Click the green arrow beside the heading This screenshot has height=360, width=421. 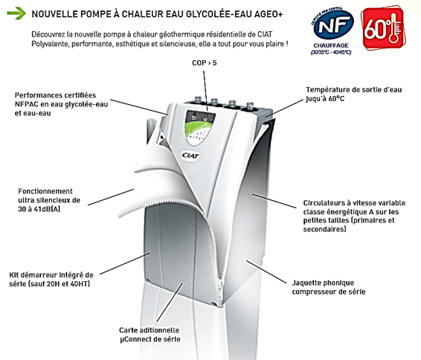pyautogui.click(x=16, y=13)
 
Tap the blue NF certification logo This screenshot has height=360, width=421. pyautogui.click(x=333, y=25)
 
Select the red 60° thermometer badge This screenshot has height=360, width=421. pyautogui.click(x=382, y=29)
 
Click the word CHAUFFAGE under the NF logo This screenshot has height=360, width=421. pyautogui.click(x=331, y=45)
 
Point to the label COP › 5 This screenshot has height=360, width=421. pyautogui.click(x=205, y=62)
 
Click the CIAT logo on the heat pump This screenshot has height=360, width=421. pyautogui.click(x=190, y=155)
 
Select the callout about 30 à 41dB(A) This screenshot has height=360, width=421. pyautogui.click(x=49, y=200)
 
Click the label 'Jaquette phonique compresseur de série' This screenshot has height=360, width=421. pyautogui.click(x=329, y=287)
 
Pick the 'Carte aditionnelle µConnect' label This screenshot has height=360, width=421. pyautogui.click(x=150, y=335)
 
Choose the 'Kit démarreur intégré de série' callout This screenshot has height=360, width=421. pyautogui.click(x=51, y=279)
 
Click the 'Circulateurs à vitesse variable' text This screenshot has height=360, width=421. pyautogui.click(x=354, y=216)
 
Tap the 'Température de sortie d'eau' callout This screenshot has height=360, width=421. pyautogui.click(x=353, y=94)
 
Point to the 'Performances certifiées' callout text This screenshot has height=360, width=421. pyautogui.click(x=61, y=104)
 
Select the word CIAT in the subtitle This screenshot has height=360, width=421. pyautogui.click(x=265, y=34)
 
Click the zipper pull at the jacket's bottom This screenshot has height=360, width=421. pyautogui.click(x=222, y=292)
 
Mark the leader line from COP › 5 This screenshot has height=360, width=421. pyautogui.click(x=205, y=91)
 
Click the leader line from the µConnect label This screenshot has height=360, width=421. pyautogui.click(x=170, y=302)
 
